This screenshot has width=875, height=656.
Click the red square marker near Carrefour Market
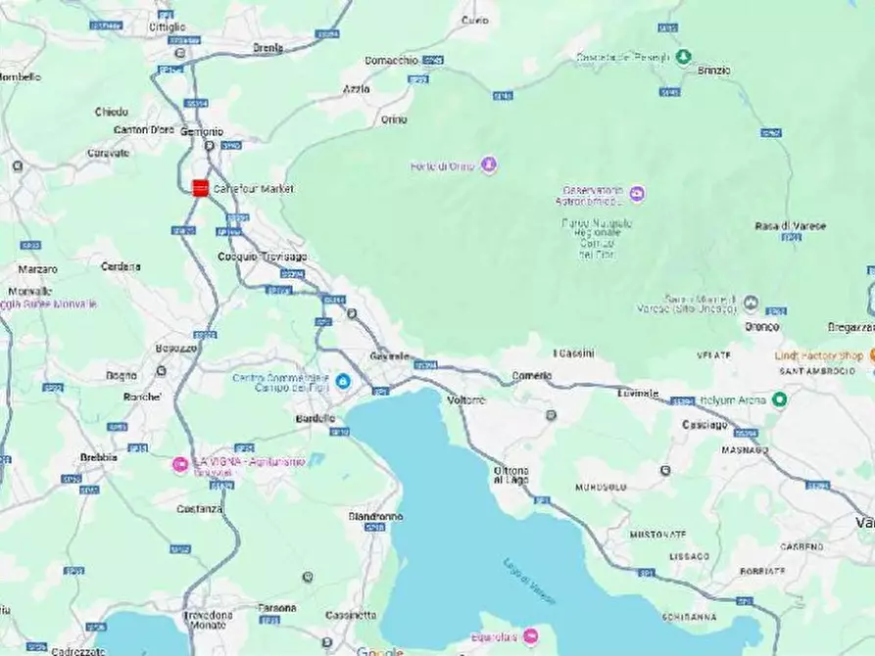tap(200, 188)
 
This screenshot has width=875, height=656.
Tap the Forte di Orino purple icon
tap(489, 164)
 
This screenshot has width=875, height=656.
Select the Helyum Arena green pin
tap(779, 399)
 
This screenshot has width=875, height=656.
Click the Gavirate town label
tap(389, 356)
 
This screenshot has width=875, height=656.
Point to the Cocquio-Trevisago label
tap(262, 257)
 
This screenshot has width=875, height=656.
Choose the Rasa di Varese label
tap(790, 226)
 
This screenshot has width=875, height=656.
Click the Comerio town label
tap(532, 376)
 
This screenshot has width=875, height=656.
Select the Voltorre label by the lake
tap(465, 400)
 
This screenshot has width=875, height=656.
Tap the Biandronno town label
tap(375, 516)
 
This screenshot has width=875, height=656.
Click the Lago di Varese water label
tap(530, 580)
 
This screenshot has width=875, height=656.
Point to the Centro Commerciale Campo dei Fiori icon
tap(343, 381)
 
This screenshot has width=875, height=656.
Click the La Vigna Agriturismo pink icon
tap(180, 464)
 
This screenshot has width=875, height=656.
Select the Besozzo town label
tap(176, 348)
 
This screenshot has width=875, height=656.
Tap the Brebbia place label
tap(99, 457)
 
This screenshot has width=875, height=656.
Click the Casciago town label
tap(705, 425)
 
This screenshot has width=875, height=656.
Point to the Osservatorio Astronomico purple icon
tap(637, 194)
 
